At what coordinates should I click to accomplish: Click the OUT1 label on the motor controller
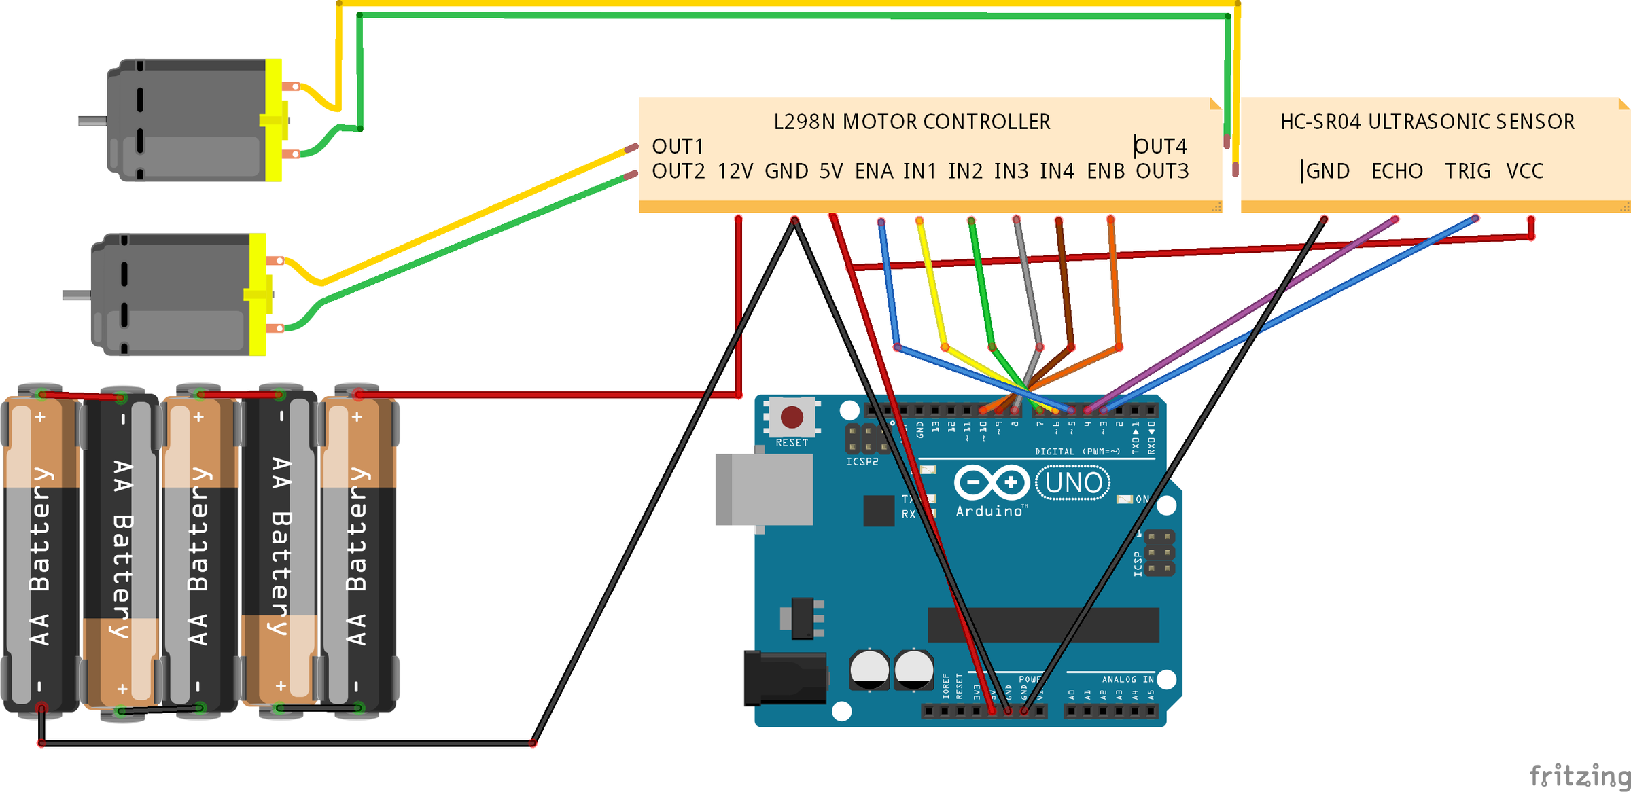click(x=678, y=147)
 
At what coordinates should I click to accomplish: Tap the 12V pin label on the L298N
click(x=735, y=171)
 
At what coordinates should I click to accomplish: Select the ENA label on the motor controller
click(x=874, y=171)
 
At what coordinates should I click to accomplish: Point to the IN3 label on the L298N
click(x=1011, y=171)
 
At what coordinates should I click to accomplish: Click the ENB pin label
click(x=1106, y=171)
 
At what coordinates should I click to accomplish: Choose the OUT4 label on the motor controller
click(x=1161, y=147)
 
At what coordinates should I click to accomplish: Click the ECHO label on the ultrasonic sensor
click(x=1397, y=171)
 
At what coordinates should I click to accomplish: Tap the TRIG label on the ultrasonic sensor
click(x=1468, y=171)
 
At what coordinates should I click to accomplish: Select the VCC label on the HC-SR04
click(x=1525, y=171)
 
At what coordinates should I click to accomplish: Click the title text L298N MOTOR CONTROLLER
click(x=912, y=122)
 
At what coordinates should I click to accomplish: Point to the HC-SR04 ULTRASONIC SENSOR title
click(x=1427, y=122)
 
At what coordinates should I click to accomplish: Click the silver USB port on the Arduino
click(x=765, y=489)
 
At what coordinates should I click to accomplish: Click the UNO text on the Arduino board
click(x=1074, y=483)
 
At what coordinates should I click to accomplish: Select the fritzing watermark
click(x=1579, y=775)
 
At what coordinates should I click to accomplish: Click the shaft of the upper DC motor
click(x=92, y=122)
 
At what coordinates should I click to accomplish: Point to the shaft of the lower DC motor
click(x=76, y=295)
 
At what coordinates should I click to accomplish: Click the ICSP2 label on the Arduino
click(x=862, y=462)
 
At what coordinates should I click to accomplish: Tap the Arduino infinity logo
click(x=992, y=483)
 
